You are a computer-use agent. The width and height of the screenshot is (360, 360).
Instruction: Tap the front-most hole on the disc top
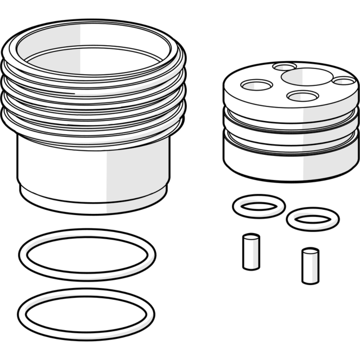[302, 96]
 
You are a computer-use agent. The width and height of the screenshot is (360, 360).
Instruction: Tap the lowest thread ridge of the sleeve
[93, 131]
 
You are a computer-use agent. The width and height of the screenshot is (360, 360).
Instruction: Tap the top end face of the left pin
[251, 237]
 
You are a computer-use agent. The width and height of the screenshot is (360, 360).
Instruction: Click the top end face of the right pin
[310, 251]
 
